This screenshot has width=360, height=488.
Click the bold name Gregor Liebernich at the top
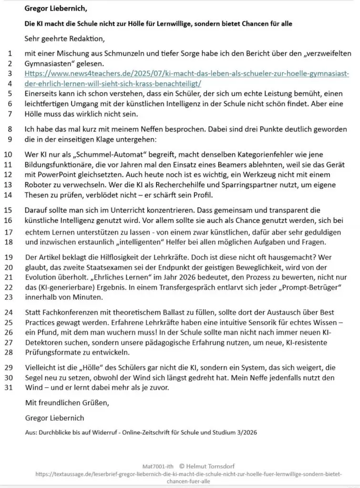tap(55, 8)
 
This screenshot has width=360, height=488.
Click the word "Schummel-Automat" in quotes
tap(103, 154)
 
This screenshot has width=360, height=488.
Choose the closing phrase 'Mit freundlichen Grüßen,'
tap(67, 403)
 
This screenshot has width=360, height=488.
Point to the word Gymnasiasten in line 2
tap(51, 63)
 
